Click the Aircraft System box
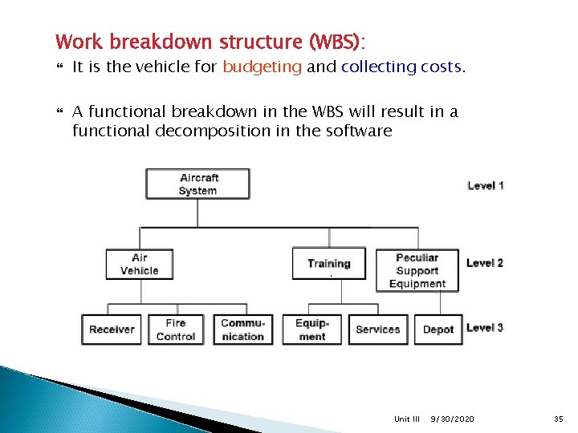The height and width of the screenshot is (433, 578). pyautogui.click(x=197, y=184)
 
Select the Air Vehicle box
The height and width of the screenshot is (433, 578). pyautogui.click(x=139, y=264)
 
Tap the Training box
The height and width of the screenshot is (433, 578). pyautogui.click(x=328, y=263)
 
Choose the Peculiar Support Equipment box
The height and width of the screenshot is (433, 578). pyautogui.click(x=417, y=270)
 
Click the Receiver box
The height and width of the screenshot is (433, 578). pyautogui.click(x=112, y=330)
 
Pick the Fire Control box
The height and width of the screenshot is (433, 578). pyautogui.click(x=176, y=330)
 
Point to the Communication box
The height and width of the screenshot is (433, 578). pyautogui.click(x=242, y=330)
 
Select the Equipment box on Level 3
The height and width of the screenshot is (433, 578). pyautogui.click(x=311, y=330)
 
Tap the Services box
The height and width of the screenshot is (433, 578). pyautogui.click(x=377, y=330)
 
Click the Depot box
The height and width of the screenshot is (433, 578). pyautogui.click(x=438, y=330)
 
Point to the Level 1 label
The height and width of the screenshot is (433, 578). pyautogui.click(x=485, y=185)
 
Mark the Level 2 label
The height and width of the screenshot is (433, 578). pyautogui.click(x=485, y=263)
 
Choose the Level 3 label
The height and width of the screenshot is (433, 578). pyautogui.click(x=485, y=327)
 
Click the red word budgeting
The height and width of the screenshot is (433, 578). pyautogui.click(x=262, y=67)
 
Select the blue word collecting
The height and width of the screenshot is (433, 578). pyautogui.click(x=378, y=67)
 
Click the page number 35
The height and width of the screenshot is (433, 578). pyautogui.click(x=560, y=419)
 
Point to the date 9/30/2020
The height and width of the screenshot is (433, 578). pyautogui.click(x=452, y=419)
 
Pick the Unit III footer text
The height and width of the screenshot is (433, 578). pyautogui.click(x=407, y=419)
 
